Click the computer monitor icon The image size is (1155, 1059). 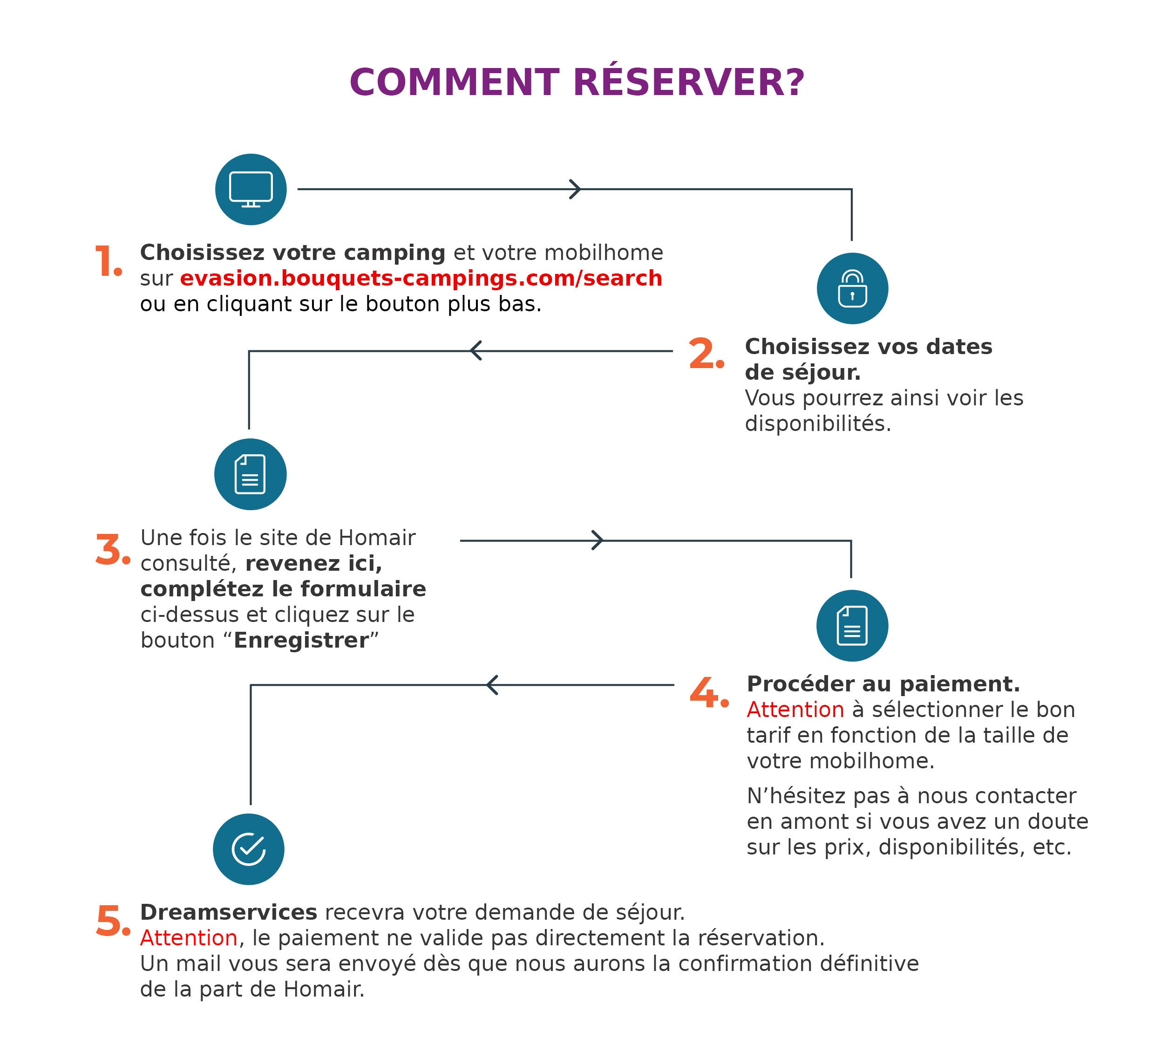pos(251,189)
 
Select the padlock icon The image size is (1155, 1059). pos(852,288)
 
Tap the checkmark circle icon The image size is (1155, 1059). pos(249,849)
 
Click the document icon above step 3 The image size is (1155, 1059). pos(251,474)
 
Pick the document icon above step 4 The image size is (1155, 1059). pos(852,625)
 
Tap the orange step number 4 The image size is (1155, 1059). pos(709,692)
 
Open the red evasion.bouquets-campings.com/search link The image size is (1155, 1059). pos(421,278)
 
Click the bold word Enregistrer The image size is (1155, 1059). pos(301,640)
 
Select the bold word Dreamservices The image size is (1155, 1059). pos(229,912)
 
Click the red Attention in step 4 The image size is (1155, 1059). pos(795,710)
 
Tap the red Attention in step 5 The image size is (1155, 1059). pos(189,937)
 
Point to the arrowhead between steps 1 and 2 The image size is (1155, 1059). pos(575,189)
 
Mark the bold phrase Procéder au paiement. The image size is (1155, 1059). pos(883,683)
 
